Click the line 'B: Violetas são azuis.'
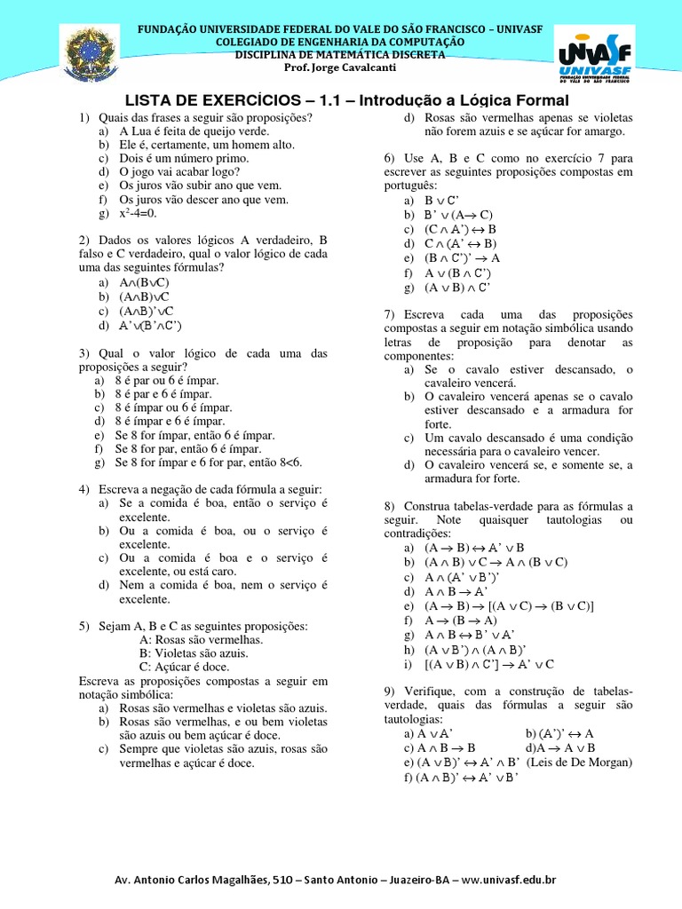coord(194,652)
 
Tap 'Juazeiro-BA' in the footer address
coord(419,880)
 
